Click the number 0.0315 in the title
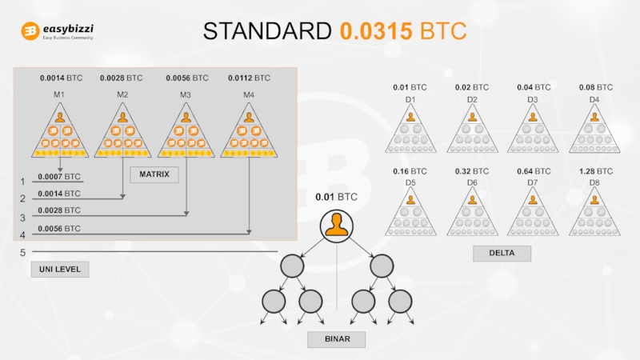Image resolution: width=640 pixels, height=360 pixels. [x=375, y=31]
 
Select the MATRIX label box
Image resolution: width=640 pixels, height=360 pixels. [x=154, y=174]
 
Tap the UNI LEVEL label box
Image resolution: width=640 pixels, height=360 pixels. [x=60, y=270]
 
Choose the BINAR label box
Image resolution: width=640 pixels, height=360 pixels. [x=336, y=340]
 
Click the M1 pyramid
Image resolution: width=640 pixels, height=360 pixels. [x=59, y=134]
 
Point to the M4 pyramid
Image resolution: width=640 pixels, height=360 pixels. [x=249, y=134]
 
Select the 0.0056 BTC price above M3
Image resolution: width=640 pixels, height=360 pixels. [x=186, y=78]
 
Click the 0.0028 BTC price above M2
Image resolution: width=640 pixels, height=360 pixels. [x=122, y=78]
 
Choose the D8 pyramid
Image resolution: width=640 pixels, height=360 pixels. [x=594, y=212]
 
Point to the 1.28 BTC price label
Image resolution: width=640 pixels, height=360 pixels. [x=594, y=171]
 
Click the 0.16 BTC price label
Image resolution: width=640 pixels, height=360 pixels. [x=410, y=171]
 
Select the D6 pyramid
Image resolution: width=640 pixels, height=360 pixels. [x=472, y=212]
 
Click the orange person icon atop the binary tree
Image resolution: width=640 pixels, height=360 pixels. [x=336, y=226]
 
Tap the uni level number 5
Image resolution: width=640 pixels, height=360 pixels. [x=22, y=253]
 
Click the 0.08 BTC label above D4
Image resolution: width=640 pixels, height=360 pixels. [x=594, y=87]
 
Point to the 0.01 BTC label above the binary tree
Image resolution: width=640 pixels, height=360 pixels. [x=336, y=197]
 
